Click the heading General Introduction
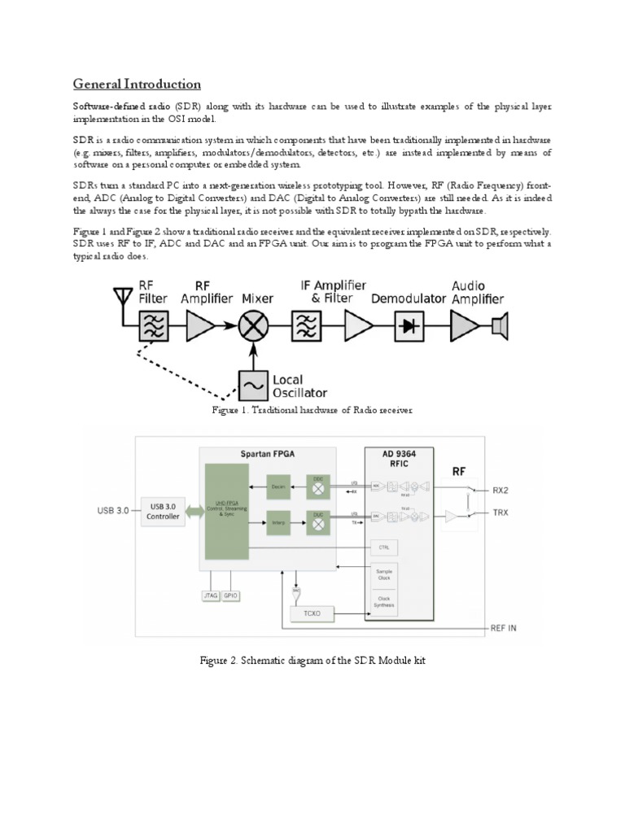(x=137, y=84)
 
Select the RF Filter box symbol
(x=153, y=329)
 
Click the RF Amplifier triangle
(x=199, y=328)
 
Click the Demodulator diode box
(x=409, y=328)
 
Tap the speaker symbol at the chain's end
(x=499, y=327)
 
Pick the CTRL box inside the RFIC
(x=383, y=547)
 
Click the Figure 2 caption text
(x=312, y=661)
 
